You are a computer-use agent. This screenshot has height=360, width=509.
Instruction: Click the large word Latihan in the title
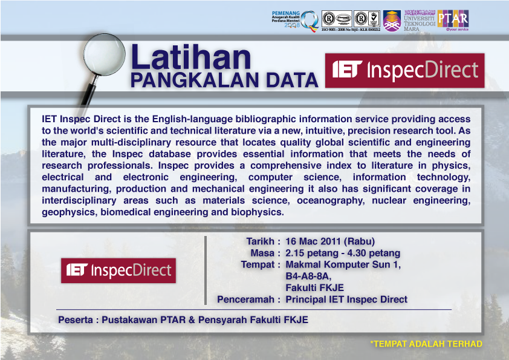[192, 58]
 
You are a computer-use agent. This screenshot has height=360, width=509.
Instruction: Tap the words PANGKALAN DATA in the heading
[224, 80]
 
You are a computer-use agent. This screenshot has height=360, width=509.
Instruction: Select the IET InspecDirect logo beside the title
[404, 71]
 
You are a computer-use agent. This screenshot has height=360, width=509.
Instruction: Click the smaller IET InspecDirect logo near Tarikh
[118, 270]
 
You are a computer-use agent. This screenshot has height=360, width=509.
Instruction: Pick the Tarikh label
[261, 241]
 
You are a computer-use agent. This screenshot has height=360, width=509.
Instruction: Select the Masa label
[265, 253]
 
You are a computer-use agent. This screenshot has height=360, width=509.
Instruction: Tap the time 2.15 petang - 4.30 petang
[343, 253]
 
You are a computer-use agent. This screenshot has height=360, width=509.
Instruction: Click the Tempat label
[261, 264]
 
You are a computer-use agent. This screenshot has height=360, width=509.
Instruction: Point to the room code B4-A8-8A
[308, 276]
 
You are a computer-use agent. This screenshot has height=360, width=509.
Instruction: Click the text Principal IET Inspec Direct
[346, 299]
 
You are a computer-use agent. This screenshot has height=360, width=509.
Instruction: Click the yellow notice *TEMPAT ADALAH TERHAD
[426, 344]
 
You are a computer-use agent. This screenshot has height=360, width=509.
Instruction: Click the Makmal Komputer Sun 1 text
[343, 264]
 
